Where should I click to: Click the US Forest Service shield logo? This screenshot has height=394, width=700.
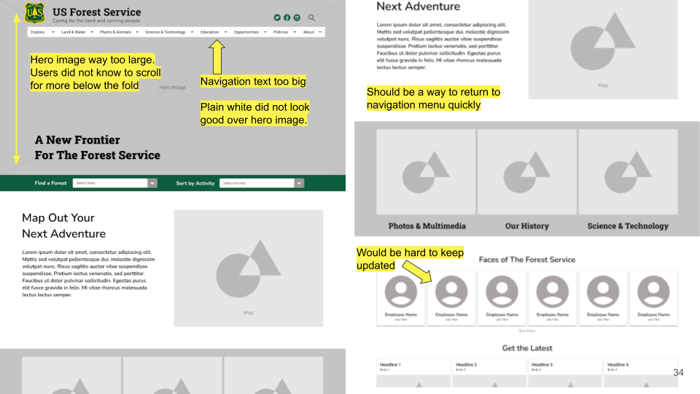34,13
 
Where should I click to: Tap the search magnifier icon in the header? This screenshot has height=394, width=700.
312,18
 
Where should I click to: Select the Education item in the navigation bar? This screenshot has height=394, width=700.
210,32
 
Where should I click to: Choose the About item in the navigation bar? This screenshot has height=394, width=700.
309,32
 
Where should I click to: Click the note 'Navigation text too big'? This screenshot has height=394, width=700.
253,81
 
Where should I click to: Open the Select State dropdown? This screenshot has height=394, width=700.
114,183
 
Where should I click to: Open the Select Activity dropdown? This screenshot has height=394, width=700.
261,183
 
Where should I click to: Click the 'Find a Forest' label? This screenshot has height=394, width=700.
51,183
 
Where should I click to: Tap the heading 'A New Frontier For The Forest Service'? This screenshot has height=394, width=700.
97,147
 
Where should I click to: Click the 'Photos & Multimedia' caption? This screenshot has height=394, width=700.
427,226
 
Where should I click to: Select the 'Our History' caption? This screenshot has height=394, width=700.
526,226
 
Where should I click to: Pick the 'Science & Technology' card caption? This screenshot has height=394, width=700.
627,226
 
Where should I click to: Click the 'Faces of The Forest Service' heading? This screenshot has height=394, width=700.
526,260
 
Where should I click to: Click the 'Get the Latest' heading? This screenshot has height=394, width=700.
526,348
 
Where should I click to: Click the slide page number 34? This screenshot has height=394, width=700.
678,373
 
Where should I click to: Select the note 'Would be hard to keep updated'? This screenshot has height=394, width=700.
410,259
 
